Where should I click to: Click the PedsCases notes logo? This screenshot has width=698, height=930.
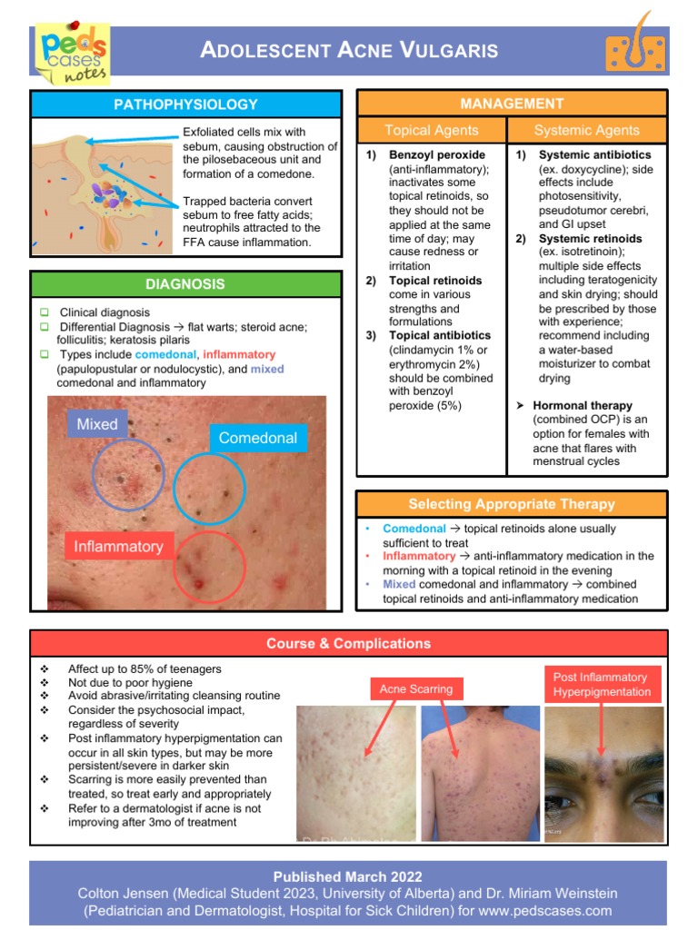(70, 54)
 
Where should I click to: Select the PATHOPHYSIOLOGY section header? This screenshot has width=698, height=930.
(185, 104)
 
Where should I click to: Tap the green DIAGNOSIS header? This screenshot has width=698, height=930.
(185, 284)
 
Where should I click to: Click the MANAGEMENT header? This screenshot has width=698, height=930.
(512, 104)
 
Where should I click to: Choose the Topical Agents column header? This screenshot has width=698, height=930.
(431, 130)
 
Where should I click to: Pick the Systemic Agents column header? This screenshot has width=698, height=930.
(586, 130)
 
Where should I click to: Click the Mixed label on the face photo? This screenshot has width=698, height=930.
(97, 424)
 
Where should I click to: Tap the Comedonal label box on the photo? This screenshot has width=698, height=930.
(258, 438)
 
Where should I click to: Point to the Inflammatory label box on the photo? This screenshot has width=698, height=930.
(119, 546)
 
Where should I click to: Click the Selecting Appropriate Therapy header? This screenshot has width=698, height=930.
(512, 504)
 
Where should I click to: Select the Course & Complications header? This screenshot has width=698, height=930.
(348, 644)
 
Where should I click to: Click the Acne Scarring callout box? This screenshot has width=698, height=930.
(416, 689)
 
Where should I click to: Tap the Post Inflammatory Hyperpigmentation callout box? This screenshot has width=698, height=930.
(602, 684)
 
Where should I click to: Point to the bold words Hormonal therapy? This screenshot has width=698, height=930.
(583, 406)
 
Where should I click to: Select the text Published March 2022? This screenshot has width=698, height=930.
(348, 876)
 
